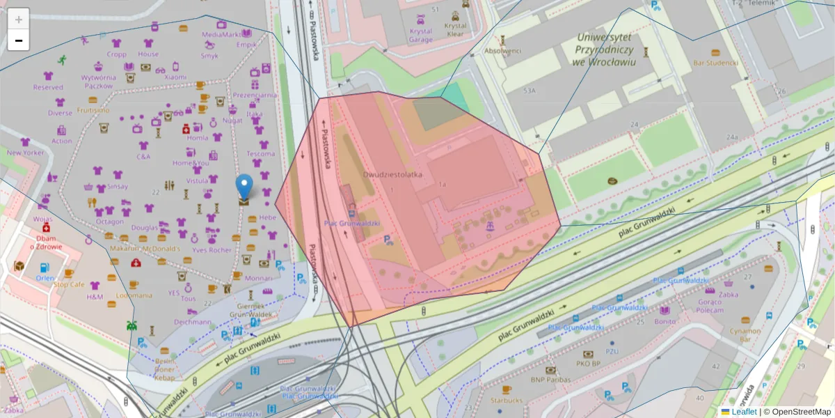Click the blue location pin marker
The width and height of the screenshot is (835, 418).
pos(244,187)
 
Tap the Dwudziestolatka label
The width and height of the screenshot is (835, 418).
pos(392,175)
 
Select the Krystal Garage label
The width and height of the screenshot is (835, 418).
pos(420,36)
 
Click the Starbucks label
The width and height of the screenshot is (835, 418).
pos(506,401)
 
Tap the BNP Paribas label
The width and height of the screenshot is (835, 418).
pos(550,380)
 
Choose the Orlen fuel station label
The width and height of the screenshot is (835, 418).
pos(45,278)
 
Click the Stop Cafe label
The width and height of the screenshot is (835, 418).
pos(68,284)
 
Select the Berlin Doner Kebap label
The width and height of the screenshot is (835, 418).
pos(164,369)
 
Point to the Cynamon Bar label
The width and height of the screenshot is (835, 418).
pos(745,336)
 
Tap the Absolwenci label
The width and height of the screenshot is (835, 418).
pos(502,51)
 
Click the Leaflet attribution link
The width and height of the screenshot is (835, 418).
pos(743,412)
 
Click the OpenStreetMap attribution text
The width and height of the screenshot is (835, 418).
pos(801,412)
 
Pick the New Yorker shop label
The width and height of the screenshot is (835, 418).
pos(25,153)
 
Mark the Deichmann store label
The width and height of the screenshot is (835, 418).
pos(193,322)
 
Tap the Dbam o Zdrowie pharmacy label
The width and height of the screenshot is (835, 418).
pos(46,242)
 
